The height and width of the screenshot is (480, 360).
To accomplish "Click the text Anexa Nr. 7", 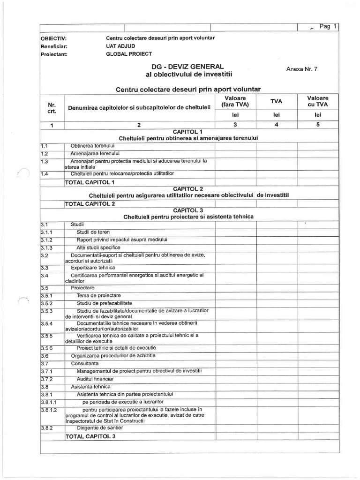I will tap(301, 69).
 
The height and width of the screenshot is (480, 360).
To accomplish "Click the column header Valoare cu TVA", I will tap(318, 101).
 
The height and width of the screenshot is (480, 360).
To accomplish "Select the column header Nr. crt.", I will tap(52, 108).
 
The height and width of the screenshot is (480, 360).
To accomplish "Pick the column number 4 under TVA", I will tap(277, 125).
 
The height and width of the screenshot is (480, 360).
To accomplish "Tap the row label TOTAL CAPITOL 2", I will tap(90, 204).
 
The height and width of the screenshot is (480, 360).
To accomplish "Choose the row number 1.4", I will tap(45, 174).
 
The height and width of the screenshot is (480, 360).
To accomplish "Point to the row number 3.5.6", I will tap(47, 348).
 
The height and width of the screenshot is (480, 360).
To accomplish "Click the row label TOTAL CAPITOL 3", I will tap(90, 436).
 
